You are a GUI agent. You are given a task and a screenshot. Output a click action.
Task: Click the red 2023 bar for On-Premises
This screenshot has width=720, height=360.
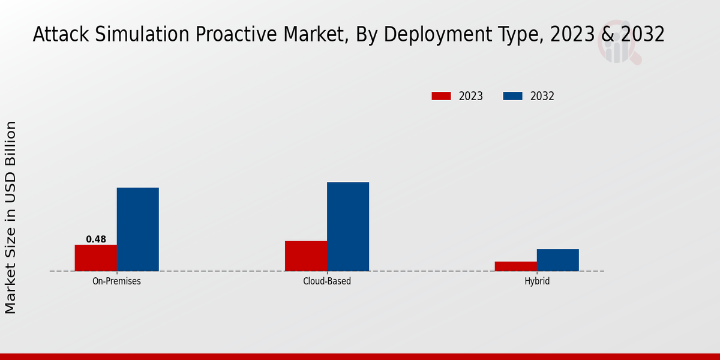click(96, 258)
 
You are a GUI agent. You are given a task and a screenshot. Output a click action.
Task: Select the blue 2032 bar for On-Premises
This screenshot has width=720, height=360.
click(138, 229)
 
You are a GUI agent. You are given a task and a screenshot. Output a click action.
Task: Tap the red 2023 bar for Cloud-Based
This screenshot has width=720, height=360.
click(306, 256)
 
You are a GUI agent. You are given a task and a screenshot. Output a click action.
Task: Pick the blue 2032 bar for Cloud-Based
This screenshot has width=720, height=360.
click(348, 227)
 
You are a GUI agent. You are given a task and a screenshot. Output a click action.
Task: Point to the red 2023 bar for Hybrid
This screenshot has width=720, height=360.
click(516, 266)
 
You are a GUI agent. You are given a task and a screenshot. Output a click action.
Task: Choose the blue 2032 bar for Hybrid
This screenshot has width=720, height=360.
click(558, 260)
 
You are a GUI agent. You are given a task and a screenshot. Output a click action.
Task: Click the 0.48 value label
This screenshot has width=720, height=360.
click(96, 239)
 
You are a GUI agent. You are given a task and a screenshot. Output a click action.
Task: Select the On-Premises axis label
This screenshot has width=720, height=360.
click(117, 281)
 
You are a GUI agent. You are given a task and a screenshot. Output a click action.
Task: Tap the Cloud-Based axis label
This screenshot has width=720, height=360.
click(327, 281)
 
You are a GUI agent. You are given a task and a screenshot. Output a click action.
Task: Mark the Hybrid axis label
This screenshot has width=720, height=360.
click(537, 281)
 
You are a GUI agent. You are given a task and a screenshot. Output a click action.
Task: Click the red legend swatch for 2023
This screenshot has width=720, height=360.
click(441, 96)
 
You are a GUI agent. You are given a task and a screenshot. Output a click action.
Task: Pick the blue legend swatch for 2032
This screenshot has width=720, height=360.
click(512, 96)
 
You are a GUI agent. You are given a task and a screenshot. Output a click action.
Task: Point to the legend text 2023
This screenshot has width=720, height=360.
click(471, 96)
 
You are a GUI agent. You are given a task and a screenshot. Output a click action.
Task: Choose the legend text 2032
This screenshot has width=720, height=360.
click(542, 96)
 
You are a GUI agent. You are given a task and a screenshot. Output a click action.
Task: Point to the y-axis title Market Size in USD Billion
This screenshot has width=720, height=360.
click(11, 217)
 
